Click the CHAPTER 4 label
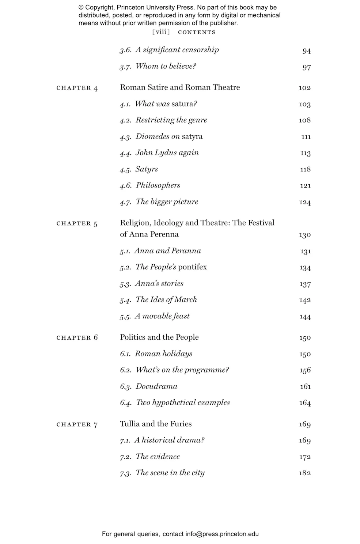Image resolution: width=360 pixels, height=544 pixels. click(77, 88)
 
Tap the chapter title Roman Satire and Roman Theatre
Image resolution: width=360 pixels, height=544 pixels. click(180, 87)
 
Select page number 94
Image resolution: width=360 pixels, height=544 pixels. click(306, 51)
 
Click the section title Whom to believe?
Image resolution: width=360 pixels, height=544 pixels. click(166, 66)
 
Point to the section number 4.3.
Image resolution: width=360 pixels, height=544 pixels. click(125, 137)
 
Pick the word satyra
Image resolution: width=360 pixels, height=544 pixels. click(192, 136)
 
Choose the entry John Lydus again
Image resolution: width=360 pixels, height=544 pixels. click(167, 152)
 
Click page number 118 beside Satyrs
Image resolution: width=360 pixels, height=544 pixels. click(305, 169)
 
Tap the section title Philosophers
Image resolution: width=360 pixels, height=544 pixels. click(158, 185)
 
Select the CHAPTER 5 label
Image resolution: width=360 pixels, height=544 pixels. click(77, 223)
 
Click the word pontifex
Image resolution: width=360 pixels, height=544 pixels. click(192, 267)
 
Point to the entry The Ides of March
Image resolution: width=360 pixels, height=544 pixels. click(166, 300)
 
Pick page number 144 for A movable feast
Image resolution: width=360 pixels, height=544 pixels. click(305, 317)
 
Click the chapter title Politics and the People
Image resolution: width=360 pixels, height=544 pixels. click(159, 337)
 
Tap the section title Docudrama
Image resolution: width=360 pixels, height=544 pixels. click(156, 386)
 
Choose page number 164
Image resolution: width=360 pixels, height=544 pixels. click(305, 403)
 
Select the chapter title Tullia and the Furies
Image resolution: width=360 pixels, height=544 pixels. click(156, 424)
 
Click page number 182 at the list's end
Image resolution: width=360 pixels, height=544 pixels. click(305, 473)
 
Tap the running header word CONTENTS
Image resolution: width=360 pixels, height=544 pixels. click(197, 32)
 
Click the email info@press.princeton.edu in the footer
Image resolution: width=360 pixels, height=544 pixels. click(222, 534)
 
